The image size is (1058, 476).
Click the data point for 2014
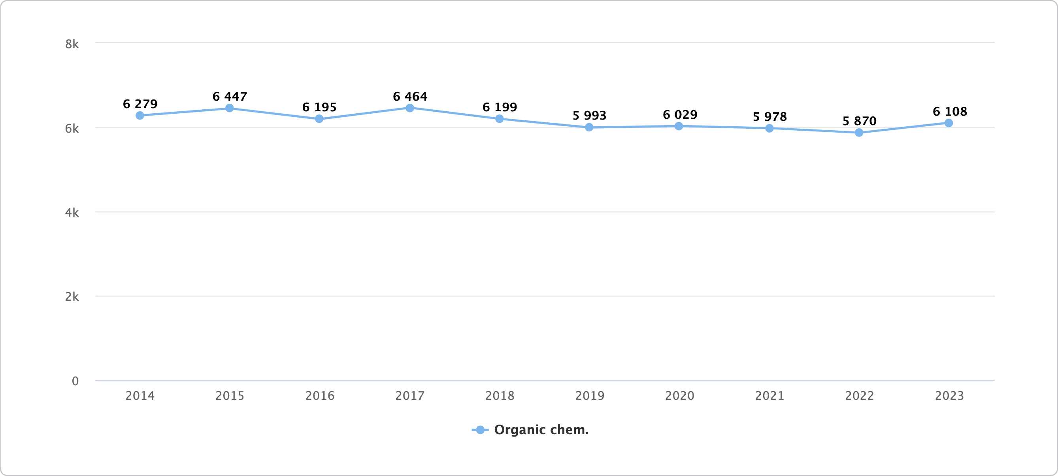140,116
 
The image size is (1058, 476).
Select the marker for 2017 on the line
409,108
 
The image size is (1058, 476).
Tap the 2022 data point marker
859,133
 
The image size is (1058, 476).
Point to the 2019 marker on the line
589,127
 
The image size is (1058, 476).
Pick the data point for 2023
949,123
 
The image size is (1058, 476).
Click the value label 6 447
230,96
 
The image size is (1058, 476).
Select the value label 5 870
859,121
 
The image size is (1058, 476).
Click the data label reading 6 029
680,114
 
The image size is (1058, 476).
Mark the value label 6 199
500,107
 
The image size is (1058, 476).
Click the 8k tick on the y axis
72,44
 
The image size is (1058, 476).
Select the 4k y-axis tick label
72,213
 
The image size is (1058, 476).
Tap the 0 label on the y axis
75,381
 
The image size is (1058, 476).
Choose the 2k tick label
72,297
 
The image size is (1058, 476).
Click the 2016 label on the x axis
320,395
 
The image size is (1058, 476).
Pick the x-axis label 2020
679,395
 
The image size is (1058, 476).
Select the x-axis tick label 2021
769,395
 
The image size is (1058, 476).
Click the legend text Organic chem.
541,430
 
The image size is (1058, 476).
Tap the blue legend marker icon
480,430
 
